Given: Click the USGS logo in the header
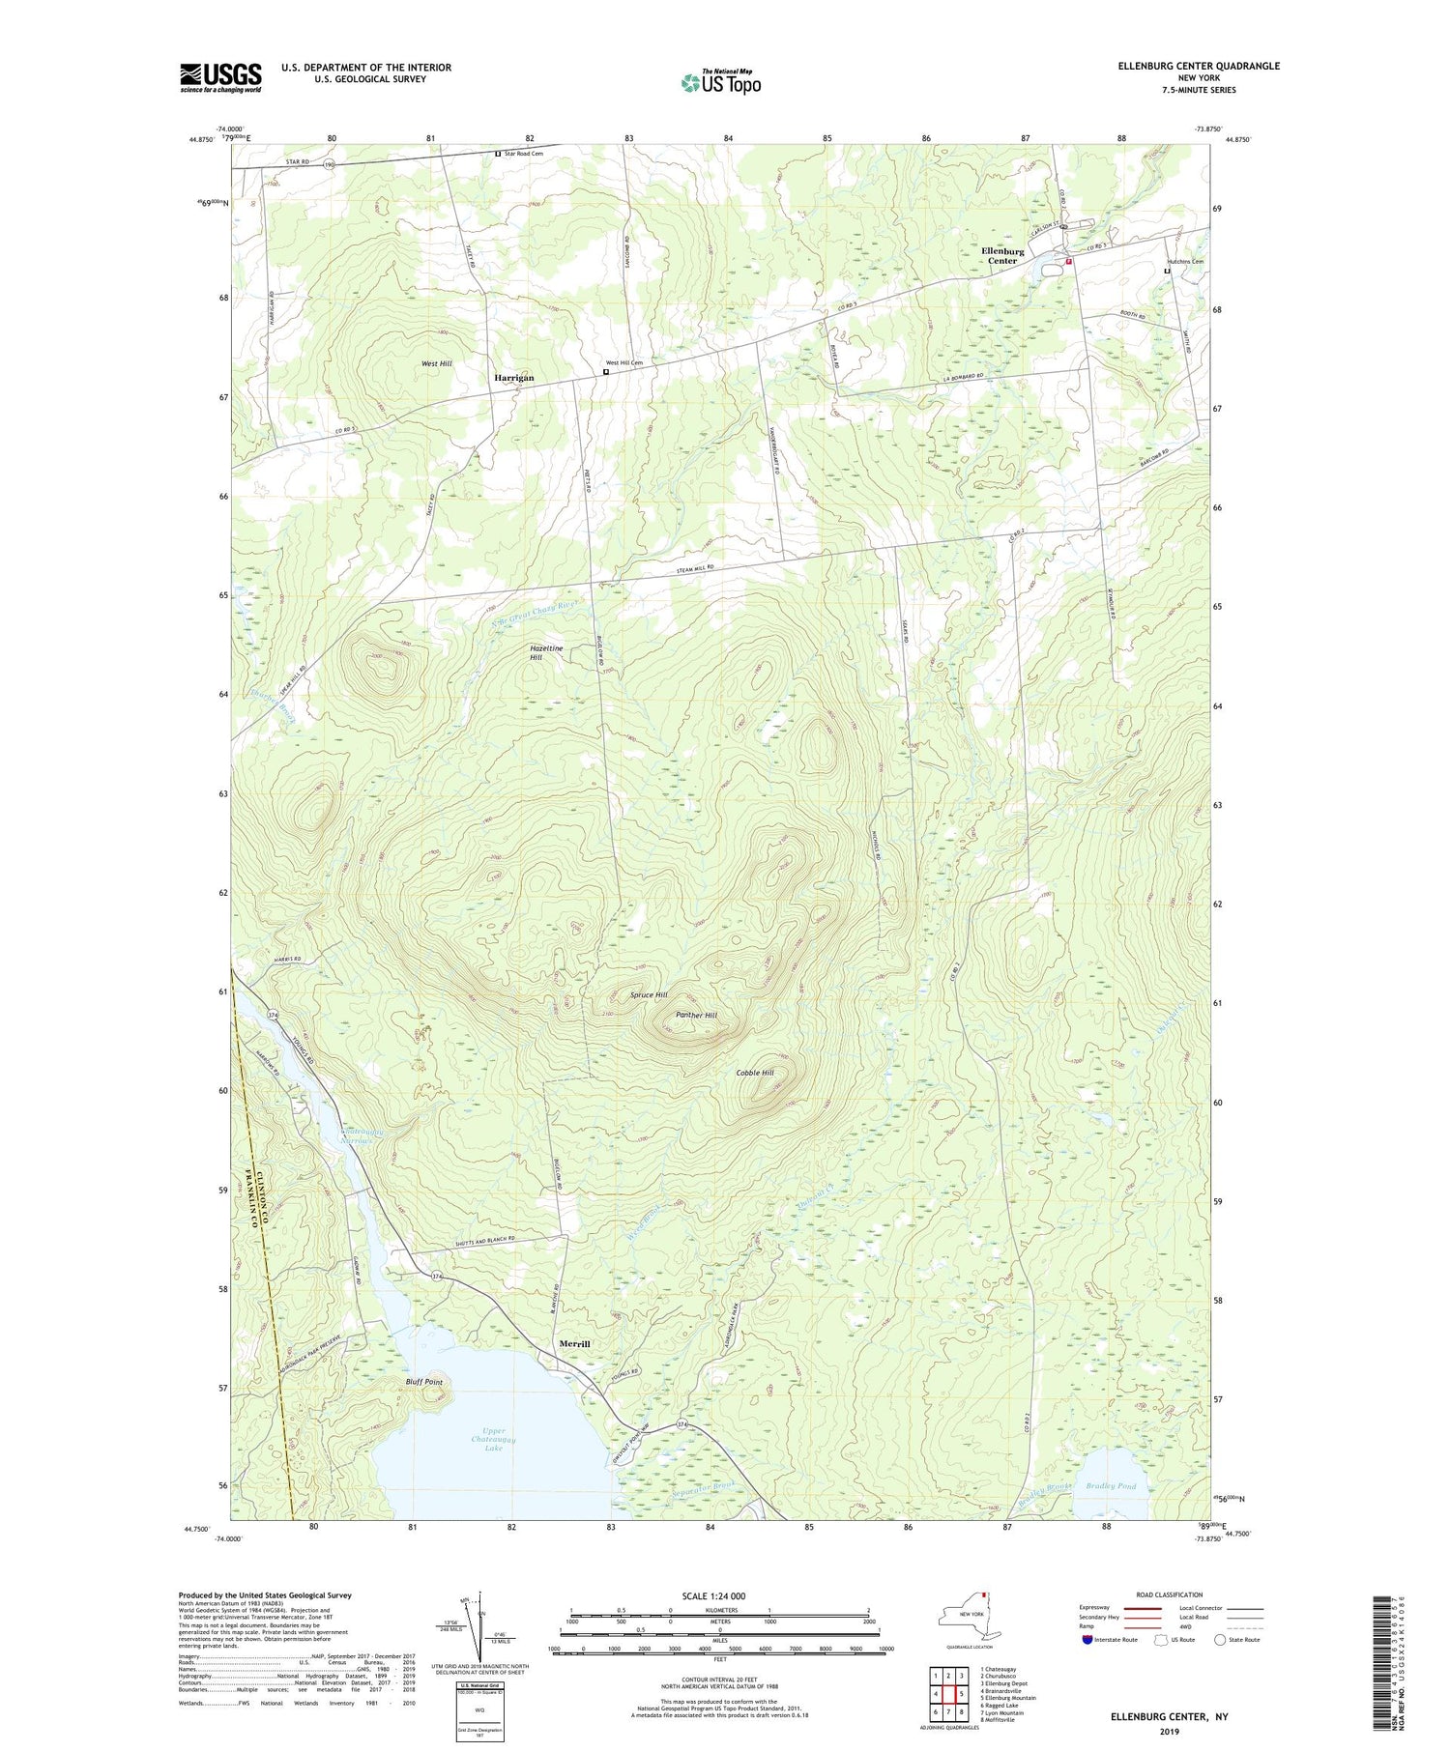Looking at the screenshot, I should click(x=220, y=77).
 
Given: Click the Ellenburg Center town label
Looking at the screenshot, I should click(x=1002, y=256).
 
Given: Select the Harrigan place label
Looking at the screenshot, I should click(x=514, y=378).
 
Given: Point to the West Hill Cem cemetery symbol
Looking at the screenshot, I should click(x=606, y=372).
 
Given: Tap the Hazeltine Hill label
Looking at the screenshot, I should click(x=547, y=653).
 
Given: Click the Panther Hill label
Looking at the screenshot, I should click(x=696, y=1016).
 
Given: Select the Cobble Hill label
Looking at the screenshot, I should click(x=755, y=1073).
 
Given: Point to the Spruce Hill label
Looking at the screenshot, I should click(x=649, y=994).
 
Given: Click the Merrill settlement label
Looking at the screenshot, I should click(x=574, y=1344).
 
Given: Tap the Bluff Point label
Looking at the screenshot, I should click(x=423, y=1382).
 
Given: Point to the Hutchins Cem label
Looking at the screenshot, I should click(x=1184, y=262).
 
